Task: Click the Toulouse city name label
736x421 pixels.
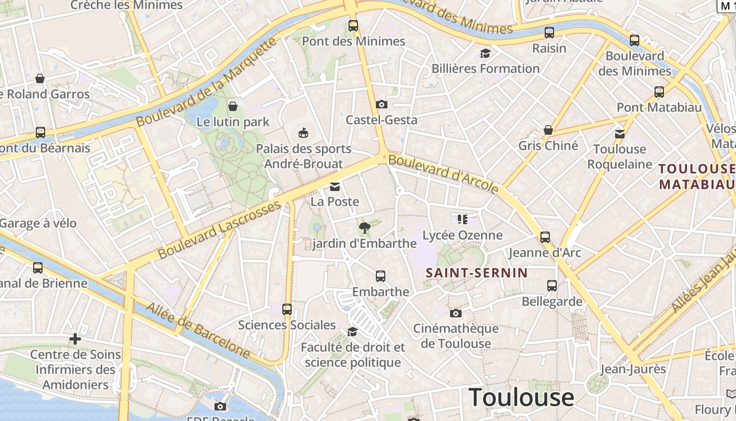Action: pyautogui.click(x=521, y=397)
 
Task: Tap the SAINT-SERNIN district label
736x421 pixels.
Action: pyautogui.click(x=477, y=273)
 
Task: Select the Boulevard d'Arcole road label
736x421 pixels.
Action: pyautogui.click(x=443, y=173)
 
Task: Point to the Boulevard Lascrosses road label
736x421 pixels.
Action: pyautogui.click(x=219, y=230)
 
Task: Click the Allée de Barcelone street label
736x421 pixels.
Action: pyautogui.click(x=198, y=330)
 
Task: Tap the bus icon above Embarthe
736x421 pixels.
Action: pyautogui.click(x=381, y=276)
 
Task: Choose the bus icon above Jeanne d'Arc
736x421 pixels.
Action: pyautogui.click(x=545, y=237)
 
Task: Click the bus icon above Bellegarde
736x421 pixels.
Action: pyautogui.click(x=552, y=286)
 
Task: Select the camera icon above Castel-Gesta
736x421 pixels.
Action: pyautogui.click(x=382, y=105)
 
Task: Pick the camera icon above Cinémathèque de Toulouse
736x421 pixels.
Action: pyautogui.click(x=456, y=313)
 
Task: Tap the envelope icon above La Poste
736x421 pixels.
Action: pyautogui.click(x=335, y=186)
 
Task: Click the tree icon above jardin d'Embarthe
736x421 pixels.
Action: pyautogui.click(x=364, y=228)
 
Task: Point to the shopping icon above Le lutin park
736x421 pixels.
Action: pyautogui.click(x=233, y=107)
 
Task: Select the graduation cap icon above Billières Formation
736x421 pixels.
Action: pyautogui.click(x=485, y=54)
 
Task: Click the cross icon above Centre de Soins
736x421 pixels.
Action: pyautogui.click(x=75, y=339)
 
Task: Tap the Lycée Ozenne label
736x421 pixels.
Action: pyautogui.click(x=463, y=235)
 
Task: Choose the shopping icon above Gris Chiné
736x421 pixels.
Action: pyautogui.click(x=548, y=130)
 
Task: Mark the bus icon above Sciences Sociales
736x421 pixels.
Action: pyautogui.click(x=287, y=309)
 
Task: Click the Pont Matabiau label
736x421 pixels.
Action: pyautogui.click(x=659, y=107)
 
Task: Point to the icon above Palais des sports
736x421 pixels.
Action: pyautogui.click(x=304, y=133)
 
